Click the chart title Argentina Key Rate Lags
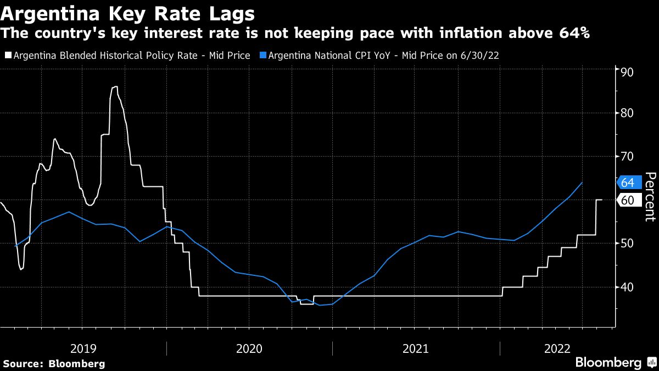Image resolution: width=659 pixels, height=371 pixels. coord(128,12)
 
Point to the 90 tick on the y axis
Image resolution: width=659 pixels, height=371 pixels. coord(627,72)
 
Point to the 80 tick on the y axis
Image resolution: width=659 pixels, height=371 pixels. coord(627,114)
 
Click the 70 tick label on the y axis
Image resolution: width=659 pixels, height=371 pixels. coord(627,157)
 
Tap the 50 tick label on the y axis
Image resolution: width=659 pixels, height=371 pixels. coord(627,243)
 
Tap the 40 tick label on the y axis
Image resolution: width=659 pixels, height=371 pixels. coord(627,287)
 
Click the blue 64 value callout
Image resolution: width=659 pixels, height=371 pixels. coord(628,182)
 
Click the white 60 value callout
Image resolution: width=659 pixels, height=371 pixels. coord(628,200)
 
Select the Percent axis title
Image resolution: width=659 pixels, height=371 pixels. coord(650,196)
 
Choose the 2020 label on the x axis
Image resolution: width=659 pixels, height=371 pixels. coord(249,348)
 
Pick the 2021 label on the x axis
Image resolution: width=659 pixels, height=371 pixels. coord(416,348)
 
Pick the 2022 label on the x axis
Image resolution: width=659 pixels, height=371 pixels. coord(557,348)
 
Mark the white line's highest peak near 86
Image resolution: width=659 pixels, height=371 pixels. coord(115,86)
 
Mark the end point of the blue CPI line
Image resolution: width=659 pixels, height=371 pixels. coord(582,182)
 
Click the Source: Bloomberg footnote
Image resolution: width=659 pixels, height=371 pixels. coord(54,363)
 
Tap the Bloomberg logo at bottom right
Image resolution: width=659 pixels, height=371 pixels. coord(615,363)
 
